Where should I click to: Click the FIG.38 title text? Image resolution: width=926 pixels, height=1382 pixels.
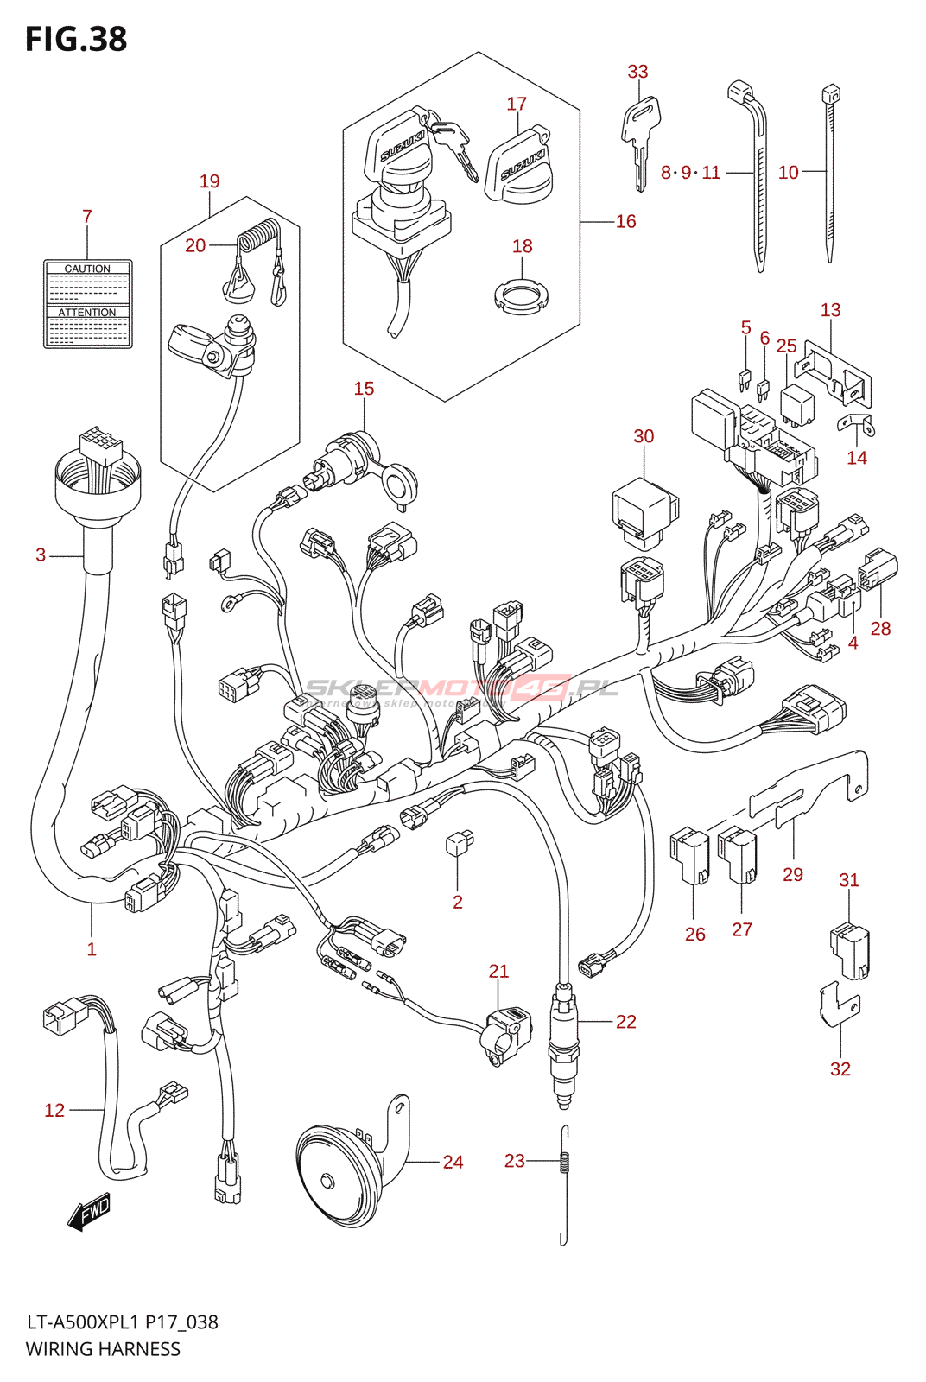click(76, 39)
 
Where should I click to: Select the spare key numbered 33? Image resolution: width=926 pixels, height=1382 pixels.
click(640, 138)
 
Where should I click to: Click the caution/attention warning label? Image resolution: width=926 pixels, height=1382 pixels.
click(88, 304)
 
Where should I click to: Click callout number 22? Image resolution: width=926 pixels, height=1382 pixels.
click(625, 1022)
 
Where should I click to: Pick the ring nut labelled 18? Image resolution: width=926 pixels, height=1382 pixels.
click(521, 297)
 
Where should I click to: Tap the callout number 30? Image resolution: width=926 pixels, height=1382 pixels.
click(644, 436)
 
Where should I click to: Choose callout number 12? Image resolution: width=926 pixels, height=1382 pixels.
click(54, 1110)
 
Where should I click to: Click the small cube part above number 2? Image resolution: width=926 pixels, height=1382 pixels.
click(460, 842)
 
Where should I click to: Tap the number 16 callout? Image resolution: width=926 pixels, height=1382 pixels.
click(625, 221)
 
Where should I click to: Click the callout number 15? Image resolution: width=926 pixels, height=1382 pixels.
click(364, 389)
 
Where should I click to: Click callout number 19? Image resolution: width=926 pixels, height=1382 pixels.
click(209, 181)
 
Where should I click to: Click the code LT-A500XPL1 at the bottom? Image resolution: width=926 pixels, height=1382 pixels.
click(83, 1322)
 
